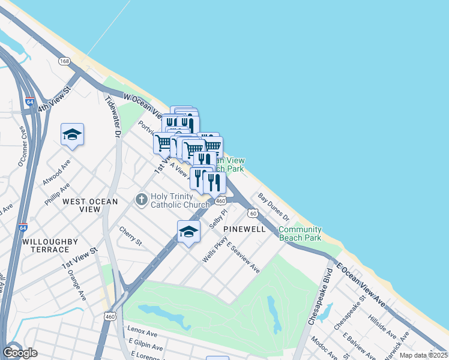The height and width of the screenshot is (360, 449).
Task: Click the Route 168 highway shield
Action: (x=64, y=61)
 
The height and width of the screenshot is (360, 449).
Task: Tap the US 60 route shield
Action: (x=253, y=213)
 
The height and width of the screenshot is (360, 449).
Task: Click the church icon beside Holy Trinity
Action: (x=141, y=199)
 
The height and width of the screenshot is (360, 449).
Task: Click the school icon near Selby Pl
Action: (x=188, y=232)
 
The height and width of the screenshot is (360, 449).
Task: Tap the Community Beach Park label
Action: (x=300, y=234)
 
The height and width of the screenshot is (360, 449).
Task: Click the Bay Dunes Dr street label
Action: (x=274, y=206)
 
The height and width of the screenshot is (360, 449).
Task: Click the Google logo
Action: (x=20, y=353)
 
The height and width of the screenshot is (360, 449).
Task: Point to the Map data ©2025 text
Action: (x=423, y=355)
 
